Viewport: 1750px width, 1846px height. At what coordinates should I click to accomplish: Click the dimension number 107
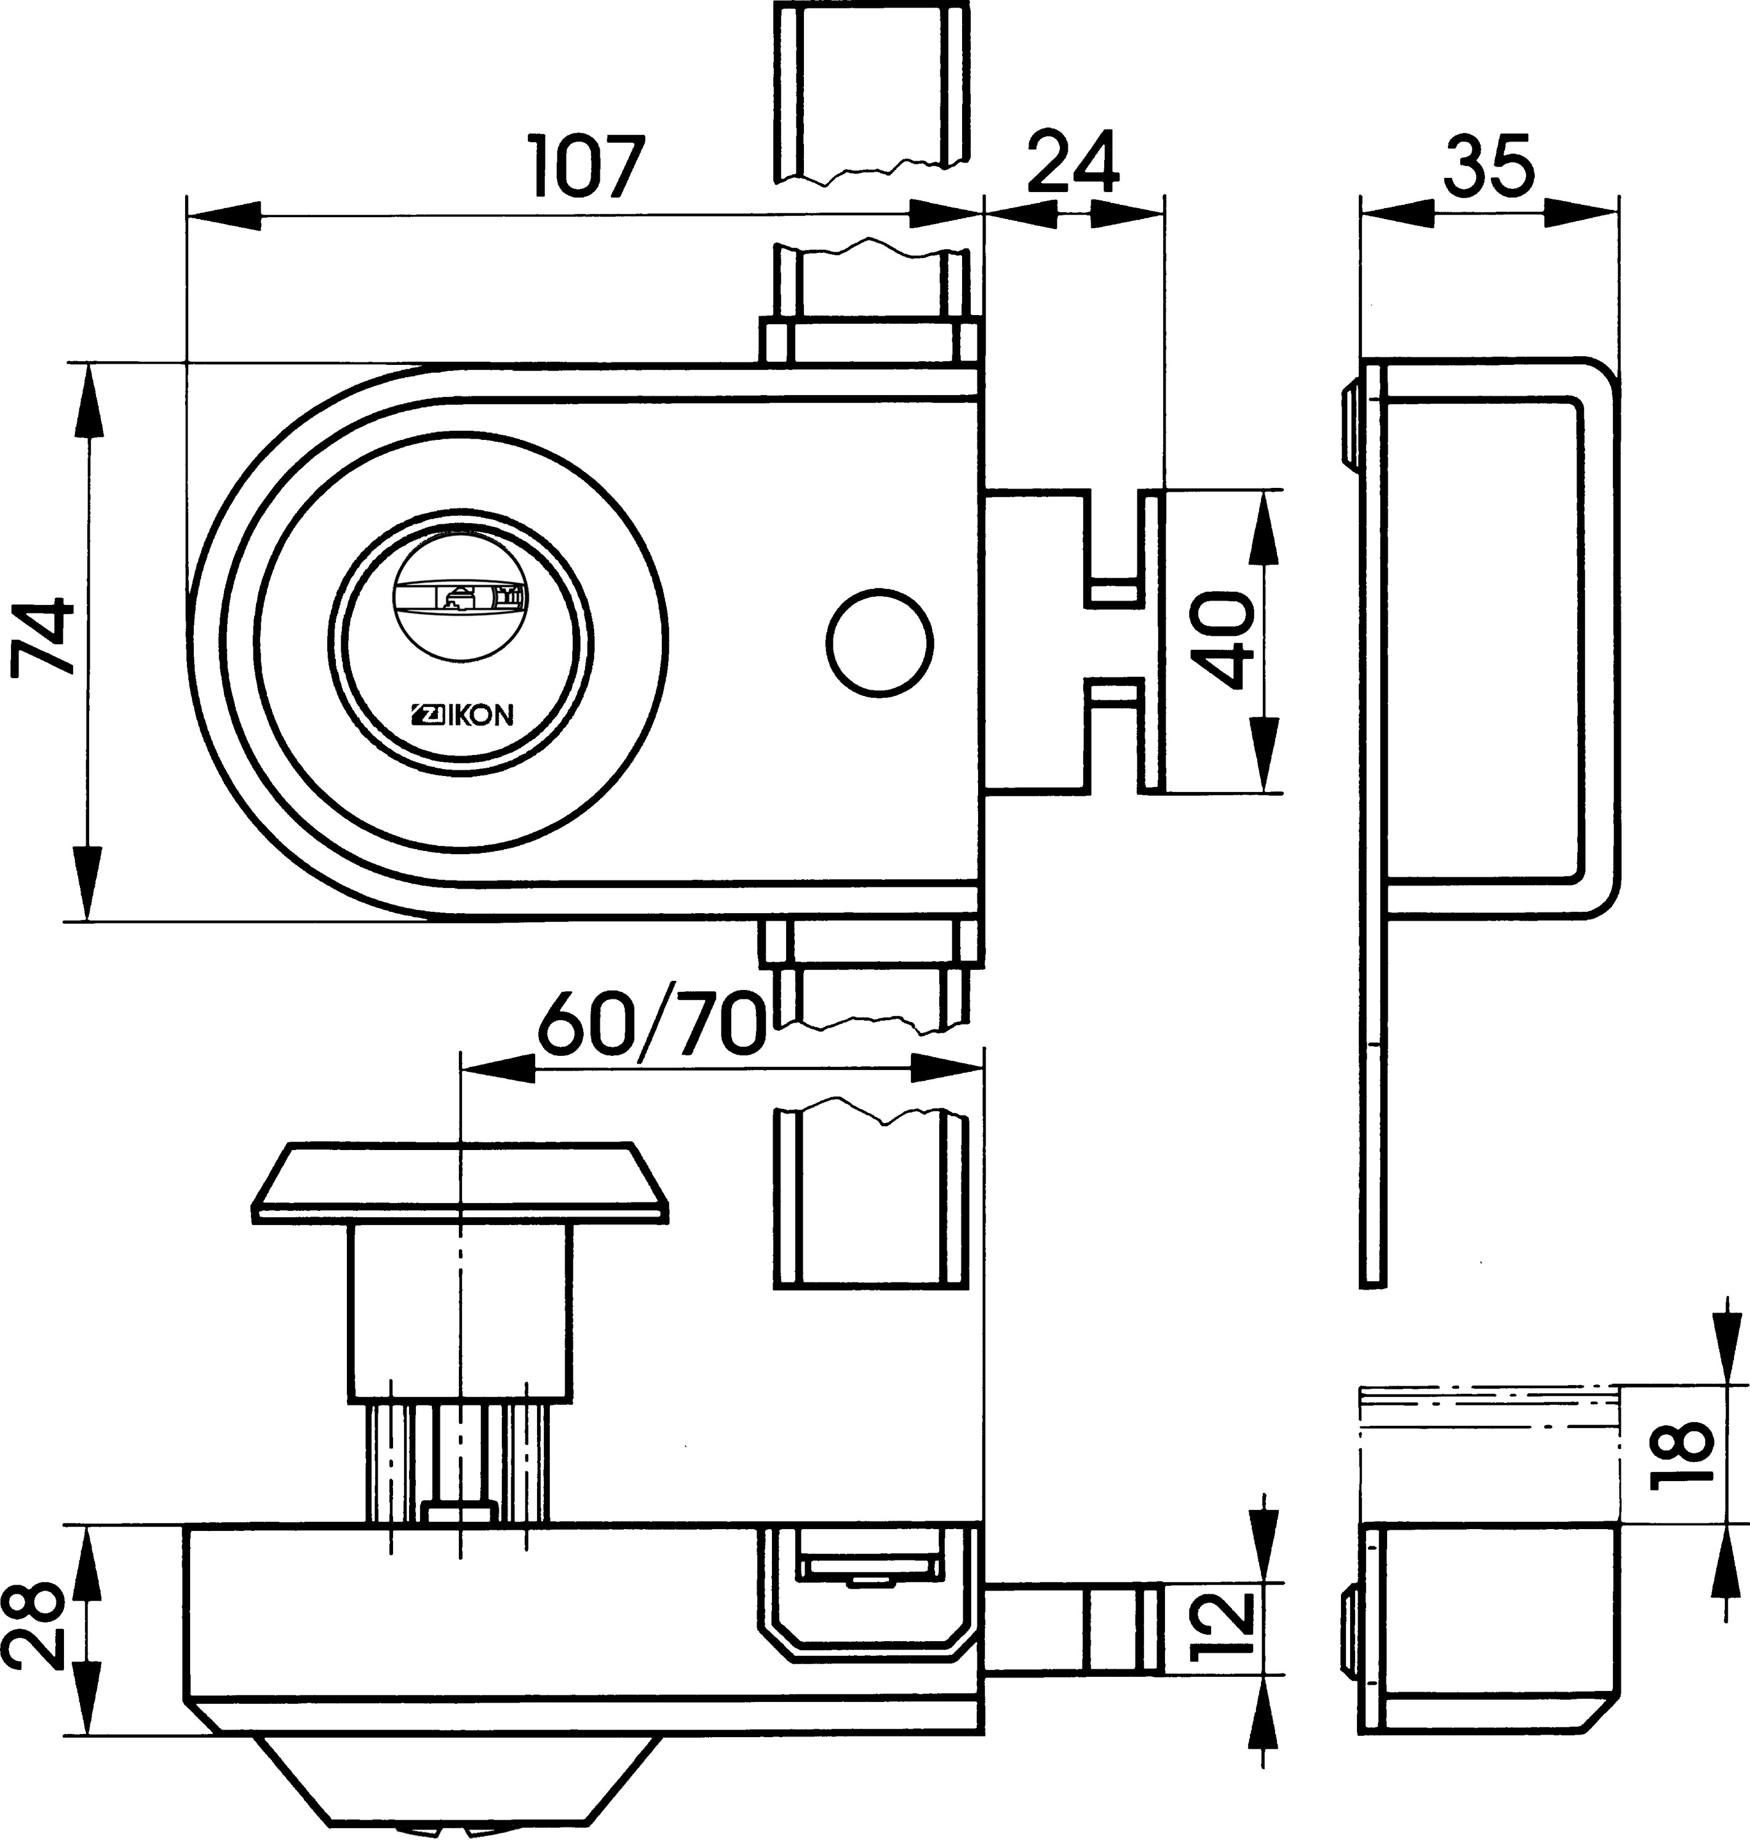click(587, 166)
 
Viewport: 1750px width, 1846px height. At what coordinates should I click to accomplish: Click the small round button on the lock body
click(879, 641)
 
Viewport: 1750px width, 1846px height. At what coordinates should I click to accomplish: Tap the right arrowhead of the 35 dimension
click(1582, 214)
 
